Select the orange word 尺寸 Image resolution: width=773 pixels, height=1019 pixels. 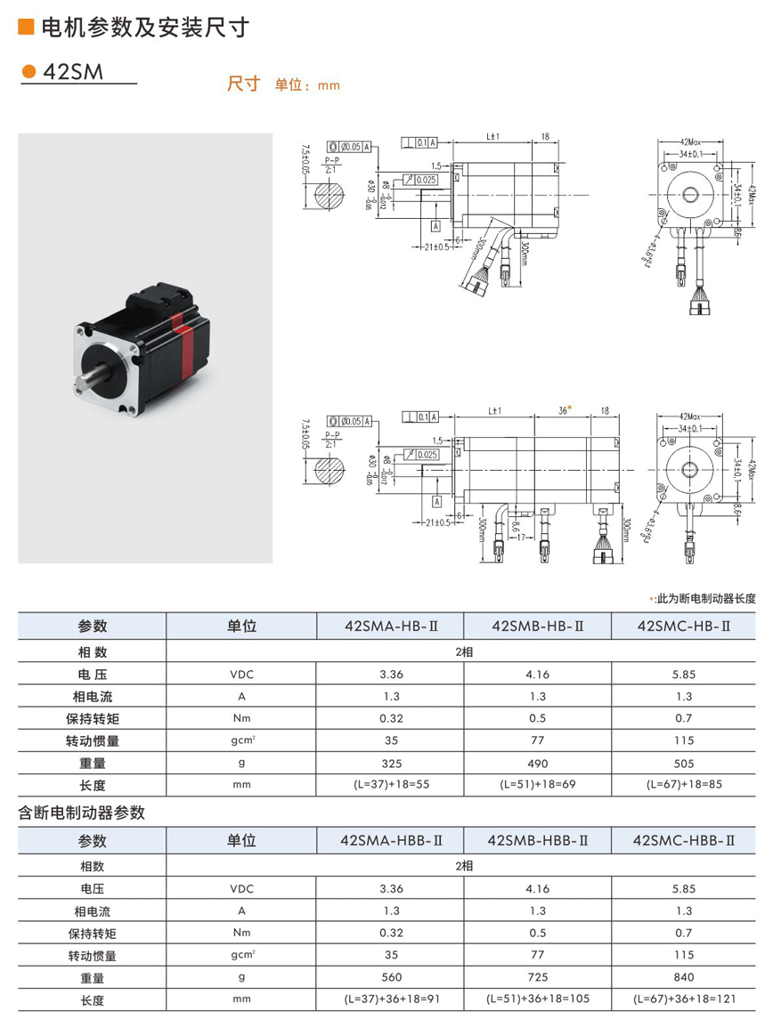[x=243, y=84]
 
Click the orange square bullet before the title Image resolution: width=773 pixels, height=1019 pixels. [x=26, y=28]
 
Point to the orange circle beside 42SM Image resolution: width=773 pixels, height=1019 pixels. [x=28, y=72]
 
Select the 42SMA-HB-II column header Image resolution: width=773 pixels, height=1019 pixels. [x=391, y=626]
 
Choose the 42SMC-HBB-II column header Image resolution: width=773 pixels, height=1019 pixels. [x=683, y=839]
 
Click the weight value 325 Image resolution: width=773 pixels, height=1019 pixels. [x=391, y=763]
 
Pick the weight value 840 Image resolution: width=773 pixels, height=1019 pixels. [x=683, y=977]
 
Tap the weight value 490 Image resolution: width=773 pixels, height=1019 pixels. [x=537, y=763]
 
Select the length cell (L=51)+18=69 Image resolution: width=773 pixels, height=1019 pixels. [x=537, y=786]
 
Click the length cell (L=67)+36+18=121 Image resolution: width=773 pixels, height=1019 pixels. [x=683, y=999]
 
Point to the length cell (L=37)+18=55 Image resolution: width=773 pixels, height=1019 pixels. [x=391, y=786]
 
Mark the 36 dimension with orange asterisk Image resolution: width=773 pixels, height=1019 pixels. [x=564, y=410]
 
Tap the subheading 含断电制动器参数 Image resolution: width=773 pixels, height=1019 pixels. [x=82, y=813]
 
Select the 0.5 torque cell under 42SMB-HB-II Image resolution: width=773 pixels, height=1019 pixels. [x=537, y=718]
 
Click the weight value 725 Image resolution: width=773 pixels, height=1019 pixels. [x=537, y=977]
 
